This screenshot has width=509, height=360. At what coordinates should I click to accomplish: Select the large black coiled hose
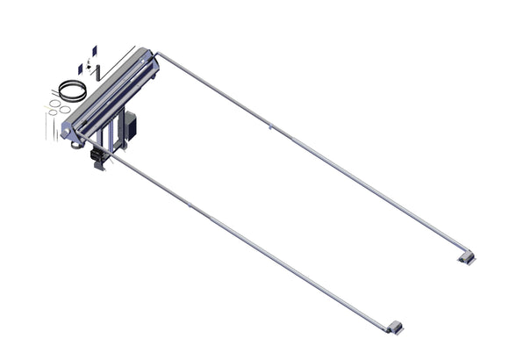[69, 90]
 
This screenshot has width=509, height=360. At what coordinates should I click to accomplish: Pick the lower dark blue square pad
[81, 68]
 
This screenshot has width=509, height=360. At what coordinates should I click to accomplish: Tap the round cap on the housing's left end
[65, 132]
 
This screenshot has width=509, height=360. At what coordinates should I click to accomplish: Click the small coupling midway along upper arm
[270, 128]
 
